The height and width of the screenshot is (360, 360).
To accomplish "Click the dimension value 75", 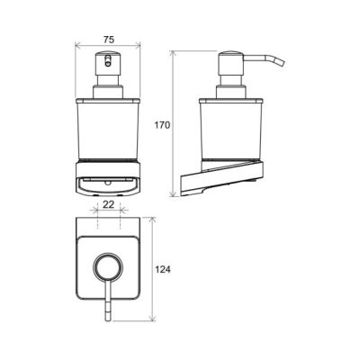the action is coord(109,40).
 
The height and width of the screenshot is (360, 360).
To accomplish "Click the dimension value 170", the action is coord(162,125).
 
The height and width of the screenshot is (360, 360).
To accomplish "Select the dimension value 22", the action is coord(109,204).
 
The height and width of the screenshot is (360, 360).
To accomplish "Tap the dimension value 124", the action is coord(162,269).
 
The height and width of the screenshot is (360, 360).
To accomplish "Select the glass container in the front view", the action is coord(108,128).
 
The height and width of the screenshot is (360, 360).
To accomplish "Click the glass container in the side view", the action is coord(231,128).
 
